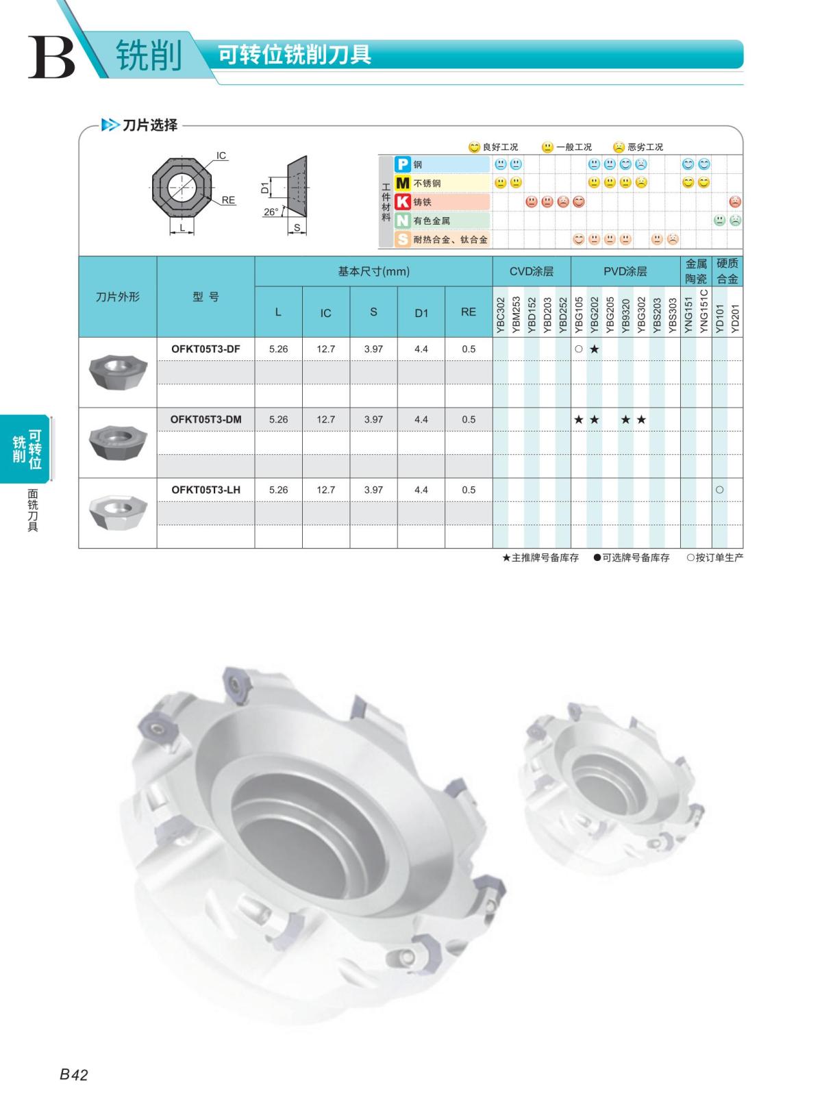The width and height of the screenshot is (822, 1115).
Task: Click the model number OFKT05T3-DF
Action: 206,349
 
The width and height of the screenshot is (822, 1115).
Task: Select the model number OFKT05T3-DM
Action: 206,419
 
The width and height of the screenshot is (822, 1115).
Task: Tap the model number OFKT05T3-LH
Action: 206,490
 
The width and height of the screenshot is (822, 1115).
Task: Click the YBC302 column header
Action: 501,316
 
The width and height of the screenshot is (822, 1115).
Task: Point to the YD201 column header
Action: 735,318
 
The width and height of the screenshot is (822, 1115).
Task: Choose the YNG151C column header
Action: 703,312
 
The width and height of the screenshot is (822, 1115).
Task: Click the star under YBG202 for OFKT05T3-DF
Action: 594,349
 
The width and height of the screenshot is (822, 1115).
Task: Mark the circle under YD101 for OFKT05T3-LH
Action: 719,490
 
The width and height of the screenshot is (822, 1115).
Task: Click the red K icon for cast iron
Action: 402,201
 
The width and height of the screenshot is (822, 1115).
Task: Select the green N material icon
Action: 402,221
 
